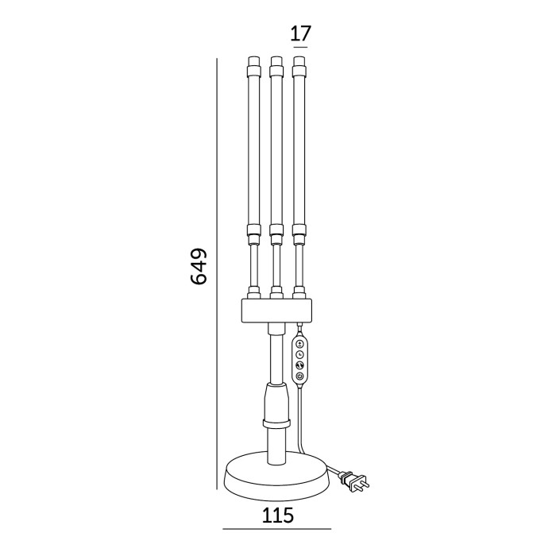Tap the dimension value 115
coord(277,515)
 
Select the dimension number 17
coord(300,33)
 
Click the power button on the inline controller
coord(299,376)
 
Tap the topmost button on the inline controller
coord(299,342)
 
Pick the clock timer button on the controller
coord(299,353)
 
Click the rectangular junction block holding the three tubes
coord(276,310)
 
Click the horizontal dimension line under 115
coord(277,529)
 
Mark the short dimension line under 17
coord(299,47)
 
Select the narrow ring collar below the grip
coord(276,425)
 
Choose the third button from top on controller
coord(299,365)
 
